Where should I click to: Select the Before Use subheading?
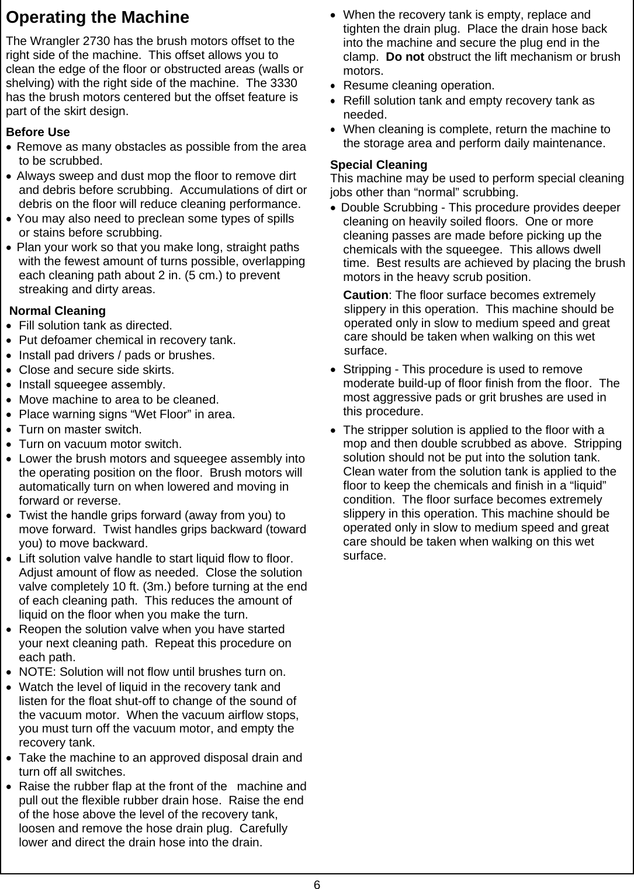coord(37,132)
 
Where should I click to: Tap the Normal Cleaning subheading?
coord(58,311)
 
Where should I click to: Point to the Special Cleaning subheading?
coord(379,165)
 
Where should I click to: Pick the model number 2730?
coord(87,41)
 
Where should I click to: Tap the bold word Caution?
coord(365,295)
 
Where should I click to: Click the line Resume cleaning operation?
coord(418,86)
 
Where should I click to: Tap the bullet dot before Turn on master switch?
coord(9,429)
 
